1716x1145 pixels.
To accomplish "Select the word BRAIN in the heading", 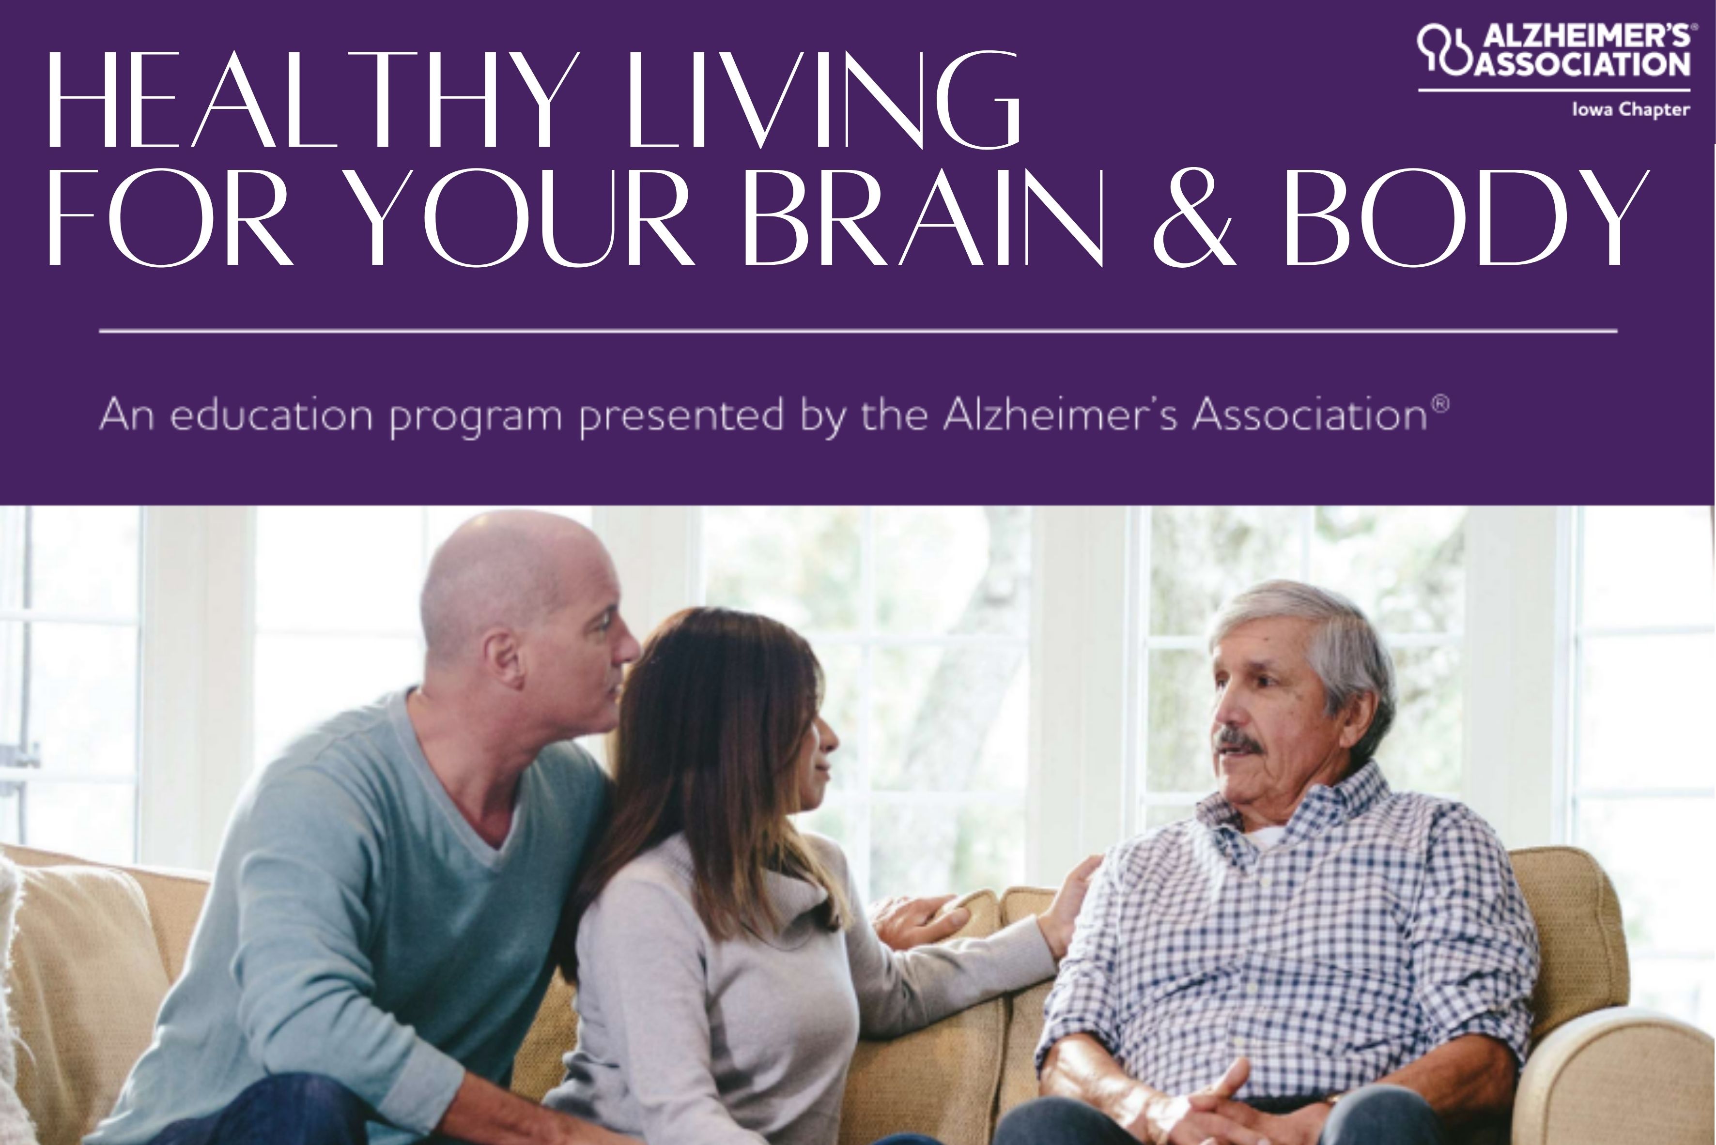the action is pos(922,217).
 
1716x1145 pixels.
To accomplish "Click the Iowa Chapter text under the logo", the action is pos(1631,109).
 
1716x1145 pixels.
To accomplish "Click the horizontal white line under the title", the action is pos(858,331).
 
